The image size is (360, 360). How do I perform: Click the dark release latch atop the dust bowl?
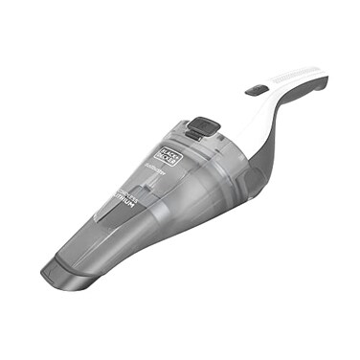coord(201,125)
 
